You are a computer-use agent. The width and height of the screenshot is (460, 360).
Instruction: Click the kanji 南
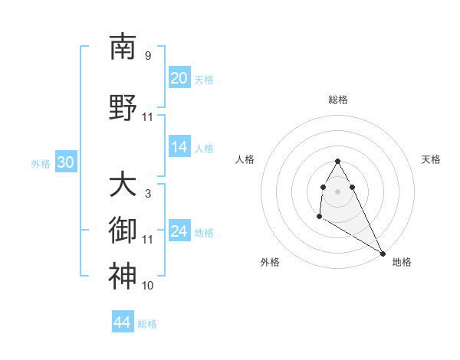(123, 47)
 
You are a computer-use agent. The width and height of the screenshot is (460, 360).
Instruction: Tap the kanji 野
(123, 108)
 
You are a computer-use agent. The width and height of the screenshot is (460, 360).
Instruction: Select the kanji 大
(123, 185)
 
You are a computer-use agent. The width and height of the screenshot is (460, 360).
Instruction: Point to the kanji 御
(123, 231)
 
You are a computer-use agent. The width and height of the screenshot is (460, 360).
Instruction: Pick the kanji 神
(123, 277)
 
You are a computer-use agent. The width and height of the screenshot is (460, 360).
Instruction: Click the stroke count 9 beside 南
(148, 56)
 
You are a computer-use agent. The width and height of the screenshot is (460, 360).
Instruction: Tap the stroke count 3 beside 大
(148, 194)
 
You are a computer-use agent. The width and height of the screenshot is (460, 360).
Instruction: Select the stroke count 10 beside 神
(148, 286)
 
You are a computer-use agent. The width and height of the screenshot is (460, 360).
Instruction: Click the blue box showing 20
(179, 78)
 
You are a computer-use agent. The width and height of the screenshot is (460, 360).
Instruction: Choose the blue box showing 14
(179, 148)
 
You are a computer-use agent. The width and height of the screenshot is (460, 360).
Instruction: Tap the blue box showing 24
(179, 231)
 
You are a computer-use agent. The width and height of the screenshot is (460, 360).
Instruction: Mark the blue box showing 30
(65, 162)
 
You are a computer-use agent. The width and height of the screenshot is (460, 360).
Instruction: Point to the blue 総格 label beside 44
(147, 324)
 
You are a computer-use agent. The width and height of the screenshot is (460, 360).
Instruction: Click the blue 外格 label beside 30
(41, 163)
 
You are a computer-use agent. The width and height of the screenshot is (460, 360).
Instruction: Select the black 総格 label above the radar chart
(337, 100)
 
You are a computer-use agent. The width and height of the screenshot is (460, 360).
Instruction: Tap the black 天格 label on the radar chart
(431, 159)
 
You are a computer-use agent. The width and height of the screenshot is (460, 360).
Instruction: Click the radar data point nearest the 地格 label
(383, 253)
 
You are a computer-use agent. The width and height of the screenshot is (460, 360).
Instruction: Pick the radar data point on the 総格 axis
(337, 162)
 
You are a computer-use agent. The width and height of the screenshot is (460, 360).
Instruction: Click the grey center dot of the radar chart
(337, 191)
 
